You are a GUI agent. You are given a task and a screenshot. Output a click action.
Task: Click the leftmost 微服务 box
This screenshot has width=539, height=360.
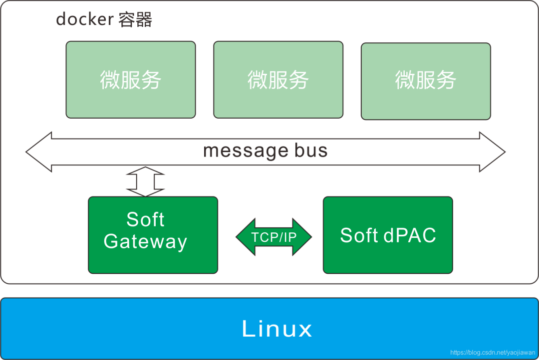(x=131, y=80)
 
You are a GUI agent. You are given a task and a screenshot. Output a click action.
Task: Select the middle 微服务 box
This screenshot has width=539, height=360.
(x=278, y=80)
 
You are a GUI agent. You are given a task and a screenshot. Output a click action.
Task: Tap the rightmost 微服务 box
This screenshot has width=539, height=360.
(x=426, y=81)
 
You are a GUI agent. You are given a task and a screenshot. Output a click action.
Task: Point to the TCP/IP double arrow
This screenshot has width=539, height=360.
(x=274, y=237)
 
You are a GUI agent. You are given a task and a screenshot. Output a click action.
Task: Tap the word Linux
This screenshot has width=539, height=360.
(x=277, y=329)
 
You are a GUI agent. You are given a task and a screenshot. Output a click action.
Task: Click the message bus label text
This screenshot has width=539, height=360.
(x=266, y=151)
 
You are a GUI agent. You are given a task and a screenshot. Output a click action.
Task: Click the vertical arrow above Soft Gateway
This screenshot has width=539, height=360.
(x=145, y=181)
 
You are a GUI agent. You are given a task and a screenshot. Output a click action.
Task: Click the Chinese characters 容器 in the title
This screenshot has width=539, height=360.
(x=135, y=19)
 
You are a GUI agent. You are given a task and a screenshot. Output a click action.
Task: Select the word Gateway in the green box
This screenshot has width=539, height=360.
(x=145, y=241)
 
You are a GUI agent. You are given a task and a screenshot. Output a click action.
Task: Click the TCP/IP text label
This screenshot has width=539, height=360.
(x=274, y=237)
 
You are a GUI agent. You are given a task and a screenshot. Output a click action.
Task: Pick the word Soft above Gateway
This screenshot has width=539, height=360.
(x=145, y=219)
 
